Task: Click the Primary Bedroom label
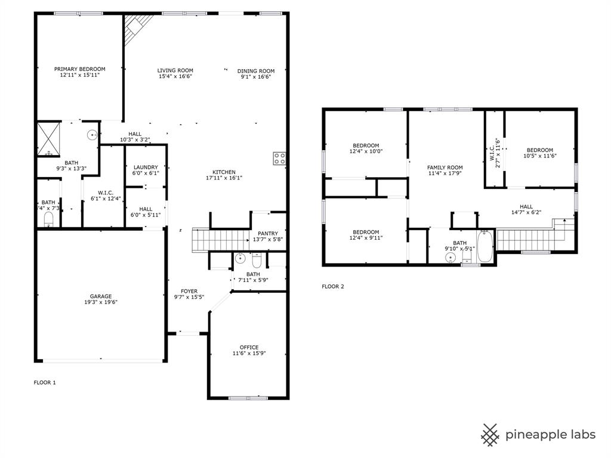tap(79, 69)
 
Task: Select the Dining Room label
tap(256, 71)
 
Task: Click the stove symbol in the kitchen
tap(279, 158)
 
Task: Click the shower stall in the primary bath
tap(48, 139)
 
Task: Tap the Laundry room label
tap(146, 167)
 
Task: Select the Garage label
tap(101, 296)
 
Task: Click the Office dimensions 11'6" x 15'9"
tap(249, 354)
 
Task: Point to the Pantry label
tap(268, 233)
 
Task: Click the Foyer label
tap(189, 291)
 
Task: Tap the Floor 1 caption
tap(45, 382)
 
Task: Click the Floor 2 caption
tap(333, 286)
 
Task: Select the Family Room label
tap(445, 167)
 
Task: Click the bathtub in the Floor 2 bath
tap(485, 246)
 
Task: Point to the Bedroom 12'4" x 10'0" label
tap(366, 145)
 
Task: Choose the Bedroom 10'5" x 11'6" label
tap(538, 150)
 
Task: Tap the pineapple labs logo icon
tap(490, 434)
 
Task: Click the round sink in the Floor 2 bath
tap(451, 257)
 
